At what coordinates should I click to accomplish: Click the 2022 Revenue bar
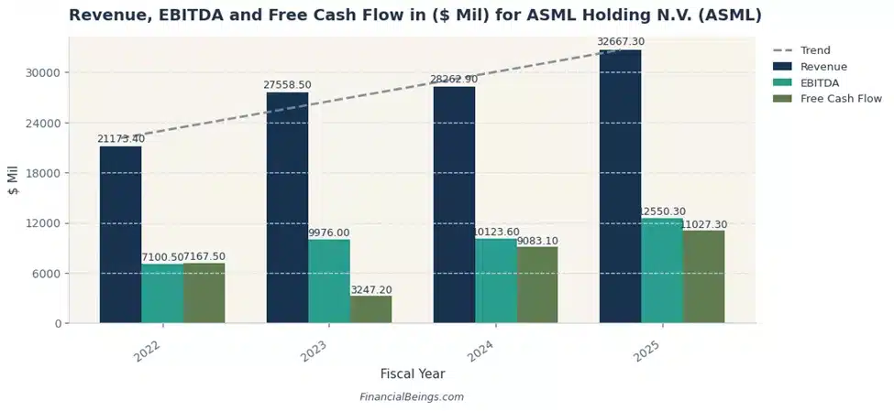[x=120, y=234]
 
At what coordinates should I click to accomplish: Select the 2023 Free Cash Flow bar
[x=370, y=309]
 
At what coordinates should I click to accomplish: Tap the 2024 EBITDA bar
[x=495, y=280]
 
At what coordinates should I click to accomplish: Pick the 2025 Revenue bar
[x=620, y=186]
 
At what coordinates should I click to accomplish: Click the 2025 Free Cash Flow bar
[x=703, y=276]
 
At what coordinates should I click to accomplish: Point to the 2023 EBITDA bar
[x=328, y=281]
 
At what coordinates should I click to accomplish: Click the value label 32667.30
[x=621, y=42]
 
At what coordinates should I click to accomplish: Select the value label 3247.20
[x=371, y=289]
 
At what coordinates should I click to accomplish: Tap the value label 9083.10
[x=538, y=241]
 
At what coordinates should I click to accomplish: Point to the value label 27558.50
[x=288, y=85]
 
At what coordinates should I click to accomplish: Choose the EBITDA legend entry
[x=819, y=82]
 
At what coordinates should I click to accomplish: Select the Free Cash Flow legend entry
[x=840, y=99]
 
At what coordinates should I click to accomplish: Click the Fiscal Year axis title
[x=413, y=373]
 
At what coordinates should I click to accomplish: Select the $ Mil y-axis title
[x=13, y=180]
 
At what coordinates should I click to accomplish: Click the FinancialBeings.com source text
[x=413, y=397]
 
